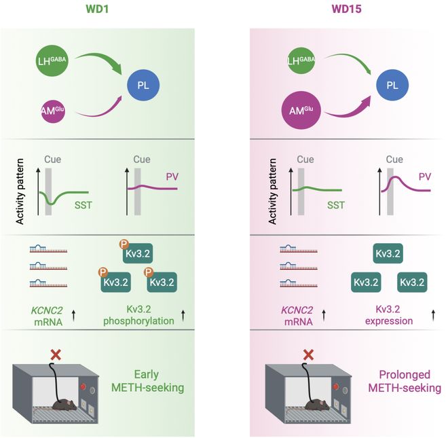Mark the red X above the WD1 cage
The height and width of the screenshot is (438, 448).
click(x=56, y=354)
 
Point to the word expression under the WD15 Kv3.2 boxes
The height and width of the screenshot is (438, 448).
click(x=390, y=321)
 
